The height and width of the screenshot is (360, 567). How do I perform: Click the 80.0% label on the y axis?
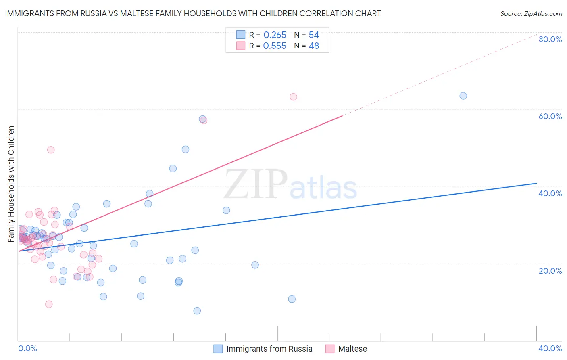point(550,39)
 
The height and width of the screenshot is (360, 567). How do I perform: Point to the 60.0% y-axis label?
point(550,116)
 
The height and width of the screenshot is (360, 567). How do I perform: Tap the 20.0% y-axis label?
point(550,270)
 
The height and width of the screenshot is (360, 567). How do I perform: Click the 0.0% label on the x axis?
point(27,348)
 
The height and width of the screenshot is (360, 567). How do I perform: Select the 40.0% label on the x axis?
point(550,348)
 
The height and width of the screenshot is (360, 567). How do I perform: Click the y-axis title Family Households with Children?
point(11,184)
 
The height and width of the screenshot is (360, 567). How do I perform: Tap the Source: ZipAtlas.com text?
point(531,14)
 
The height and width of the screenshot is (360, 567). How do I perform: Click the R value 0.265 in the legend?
point(275,35)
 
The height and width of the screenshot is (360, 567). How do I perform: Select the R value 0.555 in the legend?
point(275,46)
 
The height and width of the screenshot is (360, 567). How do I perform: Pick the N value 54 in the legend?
point(314,35)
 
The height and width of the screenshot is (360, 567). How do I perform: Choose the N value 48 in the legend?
point(314,46)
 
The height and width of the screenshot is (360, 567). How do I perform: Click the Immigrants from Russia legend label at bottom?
point(269,349)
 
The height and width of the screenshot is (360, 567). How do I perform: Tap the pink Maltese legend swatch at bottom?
point(330,349)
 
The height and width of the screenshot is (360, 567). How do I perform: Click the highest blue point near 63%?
point(463,96)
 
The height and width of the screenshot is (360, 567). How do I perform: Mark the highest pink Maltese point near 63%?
point(293,97)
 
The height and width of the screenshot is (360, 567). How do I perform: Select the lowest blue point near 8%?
point(197,311)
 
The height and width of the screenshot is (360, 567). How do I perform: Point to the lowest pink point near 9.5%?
point(49,304)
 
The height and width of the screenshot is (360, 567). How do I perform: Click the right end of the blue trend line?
point(536,183)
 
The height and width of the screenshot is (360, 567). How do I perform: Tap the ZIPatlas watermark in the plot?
point(290,185)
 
